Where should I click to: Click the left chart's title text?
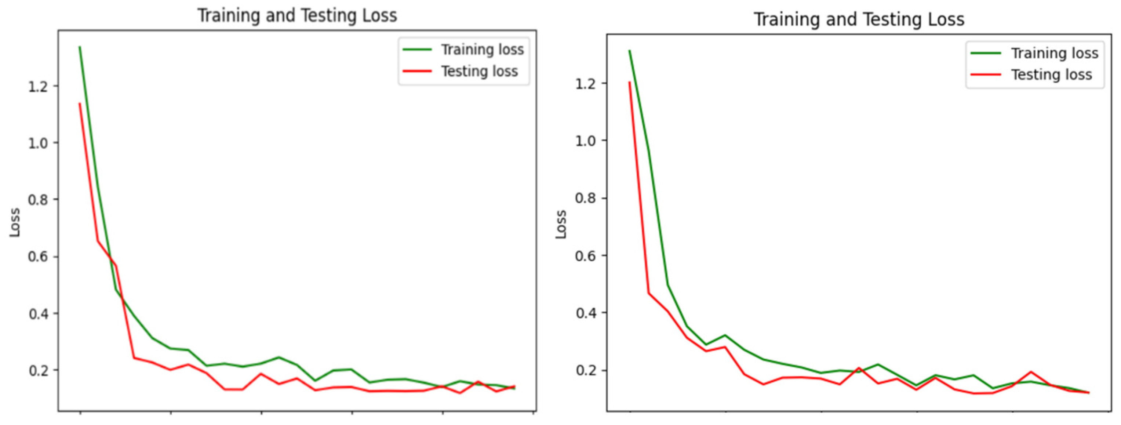(297, 16)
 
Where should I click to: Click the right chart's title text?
(859, 19)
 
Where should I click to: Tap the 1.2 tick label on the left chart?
(37, 87)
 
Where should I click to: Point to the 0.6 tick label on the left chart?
(37, 257)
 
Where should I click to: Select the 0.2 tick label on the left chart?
(37, 371)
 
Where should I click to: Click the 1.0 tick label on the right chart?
(585, 141)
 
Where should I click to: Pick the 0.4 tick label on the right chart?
(585, 313)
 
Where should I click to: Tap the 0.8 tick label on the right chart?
(585, 199)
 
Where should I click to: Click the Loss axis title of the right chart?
(561, 224)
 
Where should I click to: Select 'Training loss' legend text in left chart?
(482, 50)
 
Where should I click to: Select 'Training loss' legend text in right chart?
(1055, 53)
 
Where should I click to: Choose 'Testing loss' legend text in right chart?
(1051, 75)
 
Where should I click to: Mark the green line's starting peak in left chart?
(80, 47)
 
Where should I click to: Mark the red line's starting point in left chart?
(80, 103)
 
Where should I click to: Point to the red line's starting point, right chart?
(629, 82)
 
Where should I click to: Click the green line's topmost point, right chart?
(629, 51)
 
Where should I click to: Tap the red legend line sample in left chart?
(417, 71)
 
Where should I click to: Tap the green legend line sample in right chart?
(986, 53)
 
